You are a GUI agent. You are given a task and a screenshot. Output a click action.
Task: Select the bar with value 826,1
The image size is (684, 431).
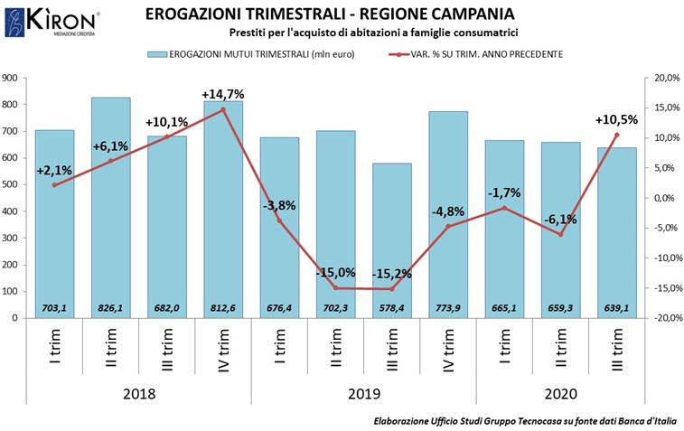[110, 208]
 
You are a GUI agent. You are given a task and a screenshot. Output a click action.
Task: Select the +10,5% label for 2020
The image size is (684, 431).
[617, 119]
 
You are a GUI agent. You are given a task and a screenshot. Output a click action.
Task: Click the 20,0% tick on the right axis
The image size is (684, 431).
[666, 78]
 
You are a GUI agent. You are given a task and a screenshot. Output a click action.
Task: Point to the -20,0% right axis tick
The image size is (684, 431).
[665, 318]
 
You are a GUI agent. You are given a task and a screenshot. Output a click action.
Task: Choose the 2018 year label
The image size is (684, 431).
[138, 394]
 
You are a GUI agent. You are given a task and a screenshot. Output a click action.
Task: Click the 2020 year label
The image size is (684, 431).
[560, 394]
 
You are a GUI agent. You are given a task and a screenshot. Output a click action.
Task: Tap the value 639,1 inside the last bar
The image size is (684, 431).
[615, 308]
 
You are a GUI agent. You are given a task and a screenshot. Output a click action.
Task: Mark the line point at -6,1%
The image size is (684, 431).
[560, 235]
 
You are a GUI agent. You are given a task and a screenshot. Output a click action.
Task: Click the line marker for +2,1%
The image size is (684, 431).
[54, 185]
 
